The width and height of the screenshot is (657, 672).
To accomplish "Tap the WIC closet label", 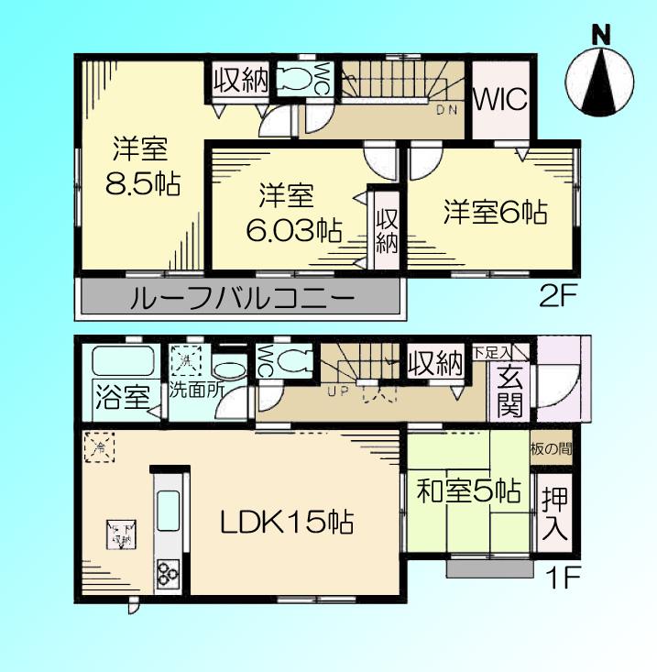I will tap(500, 99).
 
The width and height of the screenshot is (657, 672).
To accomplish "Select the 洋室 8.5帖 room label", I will tap(140, 165).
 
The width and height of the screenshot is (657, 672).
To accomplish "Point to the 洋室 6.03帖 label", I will tap(287, 212).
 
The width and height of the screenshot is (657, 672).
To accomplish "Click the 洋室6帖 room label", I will tap(496, 212).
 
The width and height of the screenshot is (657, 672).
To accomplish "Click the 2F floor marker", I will tap(555, 296).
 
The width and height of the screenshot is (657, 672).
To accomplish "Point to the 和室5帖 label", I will tap(468, 492).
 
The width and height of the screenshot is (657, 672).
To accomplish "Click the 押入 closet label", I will tap(554, 515).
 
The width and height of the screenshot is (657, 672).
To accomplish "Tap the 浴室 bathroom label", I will tap(122, 399).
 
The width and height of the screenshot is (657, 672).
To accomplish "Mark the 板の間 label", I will tap(552, 449).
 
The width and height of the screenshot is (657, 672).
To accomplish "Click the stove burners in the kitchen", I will tap(168, 573).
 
